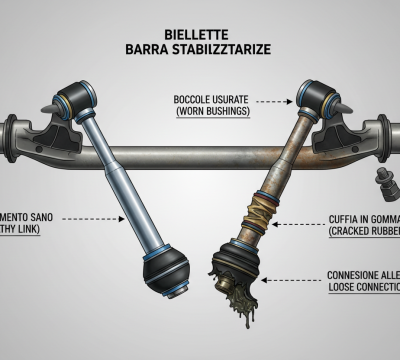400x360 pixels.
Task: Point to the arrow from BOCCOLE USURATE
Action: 280,99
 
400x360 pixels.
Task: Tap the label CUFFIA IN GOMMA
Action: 361,218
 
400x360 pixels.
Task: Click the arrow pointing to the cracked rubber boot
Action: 290,224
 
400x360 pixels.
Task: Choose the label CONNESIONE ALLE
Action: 362,275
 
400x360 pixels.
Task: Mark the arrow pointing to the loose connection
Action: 290,282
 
